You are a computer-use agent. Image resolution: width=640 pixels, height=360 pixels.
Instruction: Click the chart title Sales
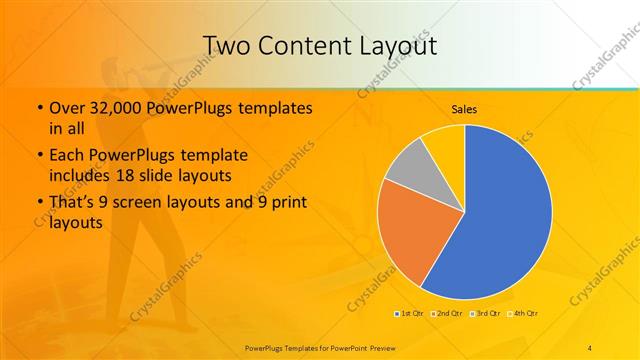(464, 108)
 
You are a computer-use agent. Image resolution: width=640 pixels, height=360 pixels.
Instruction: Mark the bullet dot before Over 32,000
(39, 108)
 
